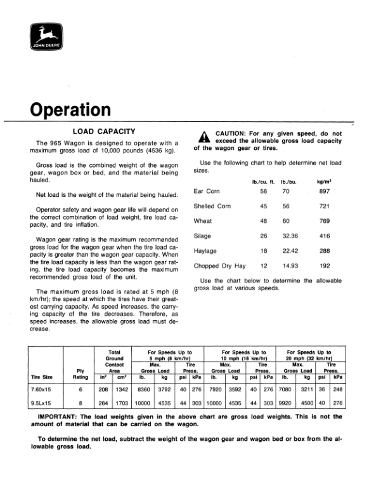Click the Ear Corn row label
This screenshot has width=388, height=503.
[207, 191]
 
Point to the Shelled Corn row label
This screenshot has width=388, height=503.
[212, 206]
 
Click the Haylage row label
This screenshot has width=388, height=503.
[205, 251]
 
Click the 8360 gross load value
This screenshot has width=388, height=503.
[145, 389]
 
